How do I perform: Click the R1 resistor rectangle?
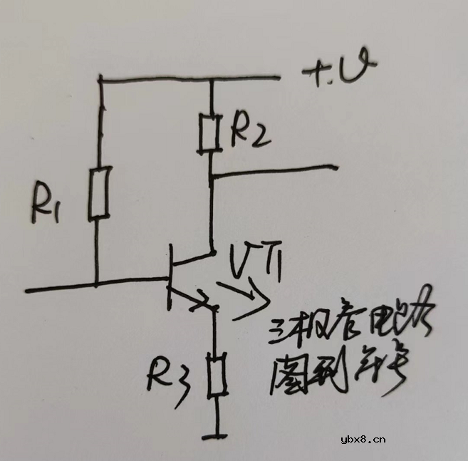[99, 192]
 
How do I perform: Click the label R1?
[48, 205]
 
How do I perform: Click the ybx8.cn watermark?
[363, 439]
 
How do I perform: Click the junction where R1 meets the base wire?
[98, 286]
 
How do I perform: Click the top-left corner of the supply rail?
[99, 79]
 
